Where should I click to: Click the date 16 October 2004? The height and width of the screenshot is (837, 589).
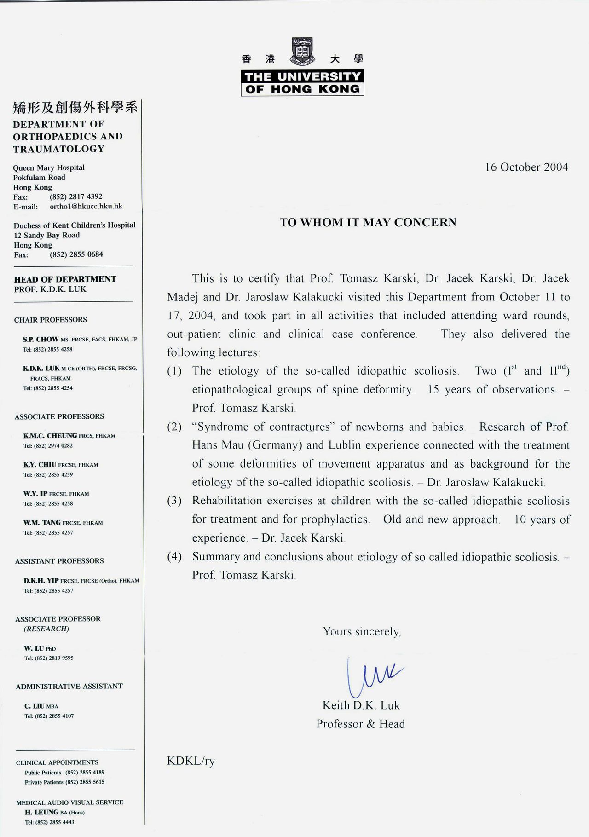point(526,167)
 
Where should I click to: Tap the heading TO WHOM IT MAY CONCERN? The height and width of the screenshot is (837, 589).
point(368,223)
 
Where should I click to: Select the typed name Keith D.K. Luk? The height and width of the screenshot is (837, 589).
point(361,705)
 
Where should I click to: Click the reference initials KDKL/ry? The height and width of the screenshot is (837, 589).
point(191,761)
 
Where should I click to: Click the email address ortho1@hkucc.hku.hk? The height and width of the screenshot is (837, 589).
point(86,206)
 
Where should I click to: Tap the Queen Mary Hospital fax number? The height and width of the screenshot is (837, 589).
point(76,196)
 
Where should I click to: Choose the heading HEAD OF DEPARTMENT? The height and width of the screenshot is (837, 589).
point(65,279)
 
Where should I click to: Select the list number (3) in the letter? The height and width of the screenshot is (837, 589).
point(174,501)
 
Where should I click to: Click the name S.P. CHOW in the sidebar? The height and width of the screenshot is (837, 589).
point(40,339)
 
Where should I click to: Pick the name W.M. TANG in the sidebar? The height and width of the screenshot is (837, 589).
point(42,522)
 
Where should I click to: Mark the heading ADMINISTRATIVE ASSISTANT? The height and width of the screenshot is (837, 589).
point(69,686)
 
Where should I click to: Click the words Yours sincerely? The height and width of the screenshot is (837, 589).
point(362,632)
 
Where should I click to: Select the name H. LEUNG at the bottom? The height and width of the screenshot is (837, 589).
point(41,812)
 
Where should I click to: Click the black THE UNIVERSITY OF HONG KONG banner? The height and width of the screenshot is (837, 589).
point(302,83)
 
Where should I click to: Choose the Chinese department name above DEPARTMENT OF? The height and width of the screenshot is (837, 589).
point(75,108)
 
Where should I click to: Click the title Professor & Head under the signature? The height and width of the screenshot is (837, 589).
point(360,724)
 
